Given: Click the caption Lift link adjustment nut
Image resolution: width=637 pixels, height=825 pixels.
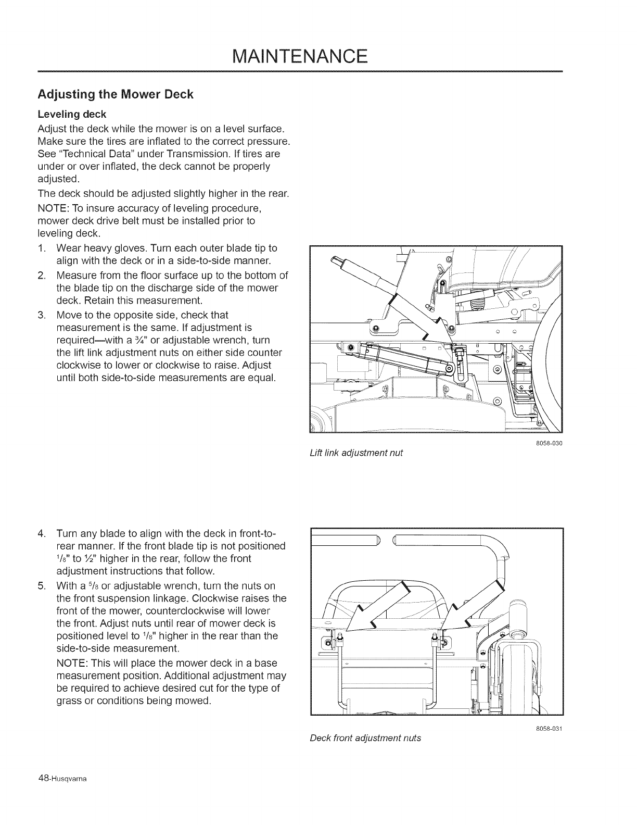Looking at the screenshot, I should point(356,453).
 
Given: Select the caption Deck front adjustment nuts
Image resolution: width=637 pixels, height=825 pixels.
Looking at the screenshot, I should point(365,737).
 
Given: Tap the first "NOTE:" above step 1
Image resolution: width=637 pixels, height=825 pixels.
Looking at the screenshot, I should point(53,208).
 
